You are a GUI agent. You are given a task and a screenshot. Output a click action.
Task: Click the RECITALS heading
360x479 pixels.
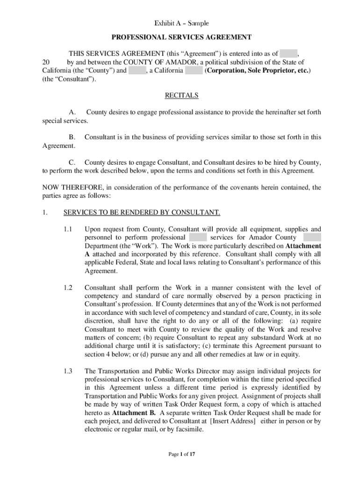181,95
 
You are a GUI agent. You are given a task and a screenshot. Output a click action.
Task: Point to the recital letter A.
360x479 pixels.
72,112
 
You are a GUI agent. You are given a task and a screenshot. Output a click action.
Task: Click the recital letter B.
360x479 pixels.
72,137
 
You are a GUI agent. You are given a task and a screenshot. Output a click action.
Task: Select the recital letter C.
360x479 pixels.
72,162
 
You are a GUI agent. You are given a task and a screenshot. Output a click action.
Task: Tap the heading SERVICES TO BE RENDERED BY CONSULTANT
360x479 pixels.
142,212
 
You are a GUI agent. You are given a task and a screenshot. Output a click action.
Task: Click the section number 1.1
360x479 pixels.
68,229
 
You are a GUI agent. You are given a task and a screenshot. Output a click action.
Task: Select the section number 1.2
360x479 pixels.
68,287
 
